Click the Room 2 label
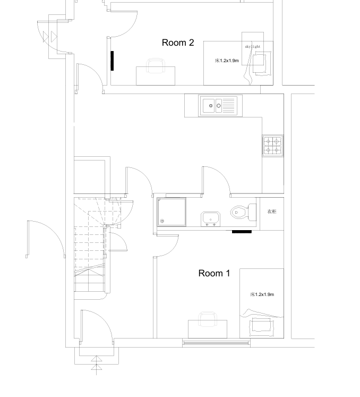click(x=178, y=43)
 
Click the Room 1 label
click(x=214, y=273)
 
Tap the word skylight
click(x=253, y=47)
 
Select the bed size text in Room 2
click(x=227, y=61)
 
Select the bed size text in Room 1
click(x=262, y=294)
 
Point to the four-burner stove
click(x=273, y=146)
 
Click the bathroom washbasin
click(x=210, y=219)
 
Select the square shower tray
click(x=172, y=212)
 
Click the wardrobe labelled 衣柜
click(x=272, y=214)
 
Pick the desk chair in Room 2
click(x=156, y=65)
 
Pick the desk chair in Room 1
click(x=208, y=319)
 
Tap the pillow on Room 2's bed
click(x=263, y=63)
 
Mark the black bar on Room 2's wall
click(x=112, y=61)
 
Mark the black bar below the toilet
click(x=242, y=232)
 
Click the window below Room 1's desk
click(x=216, y=343)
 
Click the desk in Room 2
click(x=156, y=76)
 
